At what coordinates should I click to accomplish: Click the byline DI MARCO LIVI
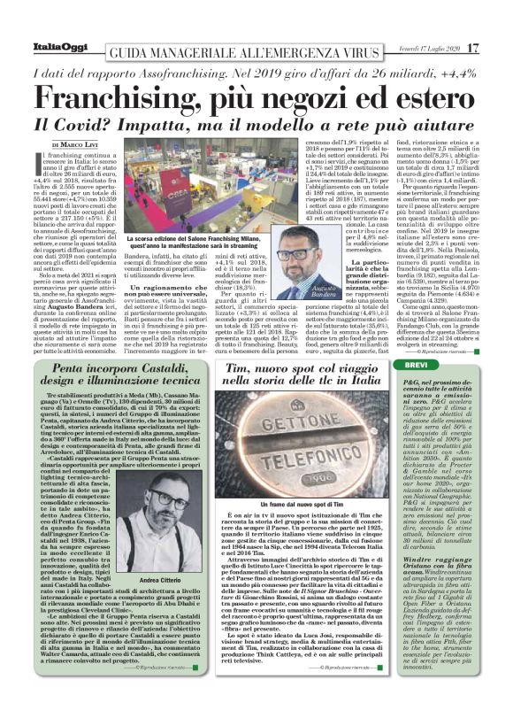79,145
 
